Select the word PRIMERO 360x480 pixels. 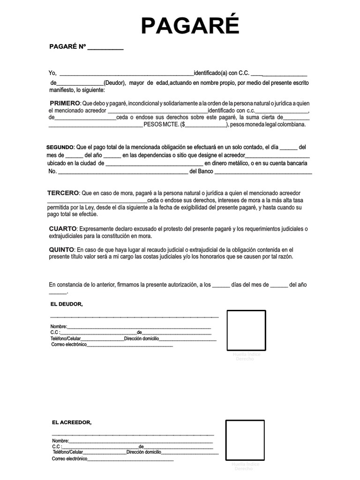(x=65, y=103)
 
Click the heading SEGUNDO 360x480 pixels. (x=60, y=147)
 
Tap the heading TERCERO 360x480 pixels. (x=63, y=193)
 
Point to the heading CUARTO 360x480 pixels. (x=62, y=228)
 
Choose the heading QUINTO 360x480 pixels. (x=61, y=249)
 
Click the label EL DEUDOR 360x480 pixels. (x=66, y=304)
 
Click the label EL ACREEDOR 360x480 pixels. (x=71, y=422)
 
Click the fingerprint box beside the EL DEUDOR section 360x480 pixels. (x=246, y=330)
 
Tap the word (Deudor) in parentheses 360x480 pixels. (x=114, y=83)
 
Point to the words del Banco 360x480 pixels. (x=201, y=172)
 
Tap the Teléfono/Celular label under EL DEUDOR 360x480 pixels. (x=66, y=338)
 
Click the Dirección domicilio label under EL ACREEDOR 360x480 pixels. (x=143, y=452)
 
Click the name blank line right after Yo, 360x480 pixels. (x=127, y=74)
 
